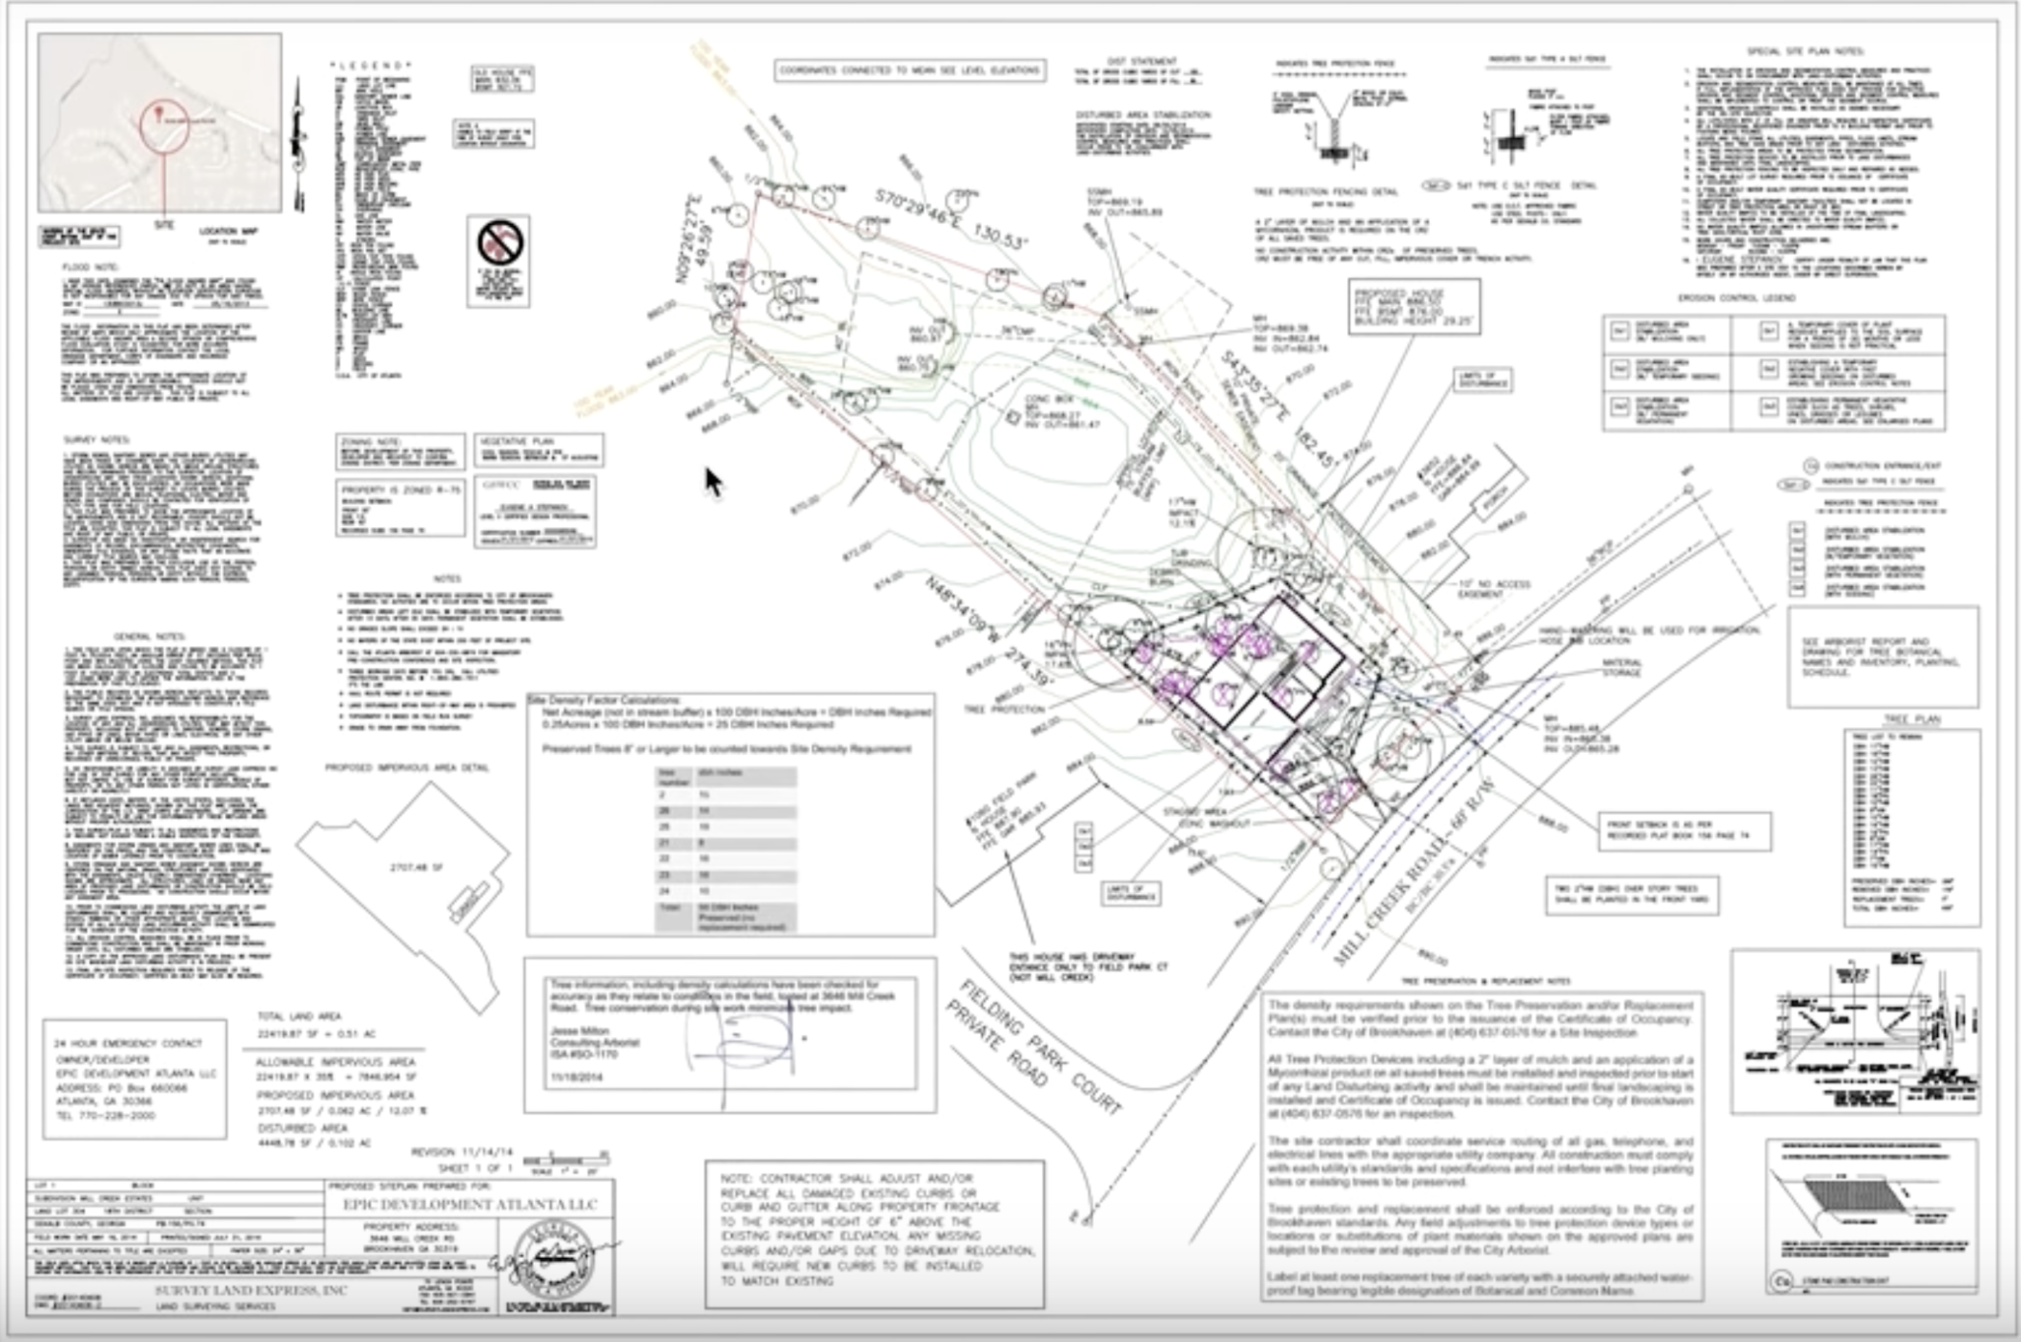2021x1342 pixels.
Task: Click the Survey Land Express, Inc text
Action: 252,1290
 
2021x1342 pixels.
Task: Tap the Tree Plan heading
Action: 1910,719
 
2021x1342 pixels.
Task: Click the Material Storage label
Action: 1620,667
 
